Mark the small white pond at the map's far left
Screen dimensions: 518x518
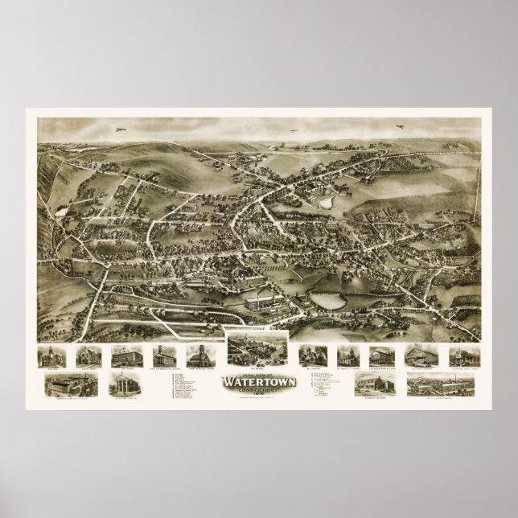point(60,212)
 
